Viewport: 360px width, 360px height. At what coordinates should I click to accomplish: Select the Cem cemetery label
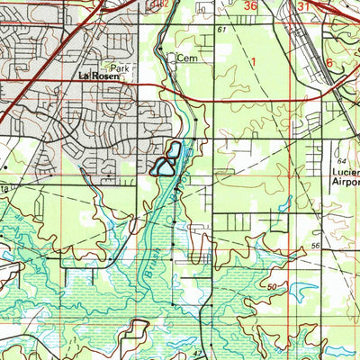(186, 58)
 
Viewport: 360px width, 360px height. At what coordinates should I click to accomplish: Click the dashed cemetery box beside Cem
(171, 58)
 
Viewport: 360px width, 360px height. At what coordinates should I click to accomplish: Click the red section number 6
(329, 62)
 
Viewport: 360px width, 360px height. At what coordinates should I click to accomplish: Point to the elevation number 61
(220, 30)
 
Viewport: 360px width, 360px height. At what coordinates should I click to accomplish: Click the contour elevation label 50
(272, 286)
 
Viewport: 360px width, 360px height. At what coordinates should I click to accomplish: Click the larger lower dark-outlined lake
(163, 166)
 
